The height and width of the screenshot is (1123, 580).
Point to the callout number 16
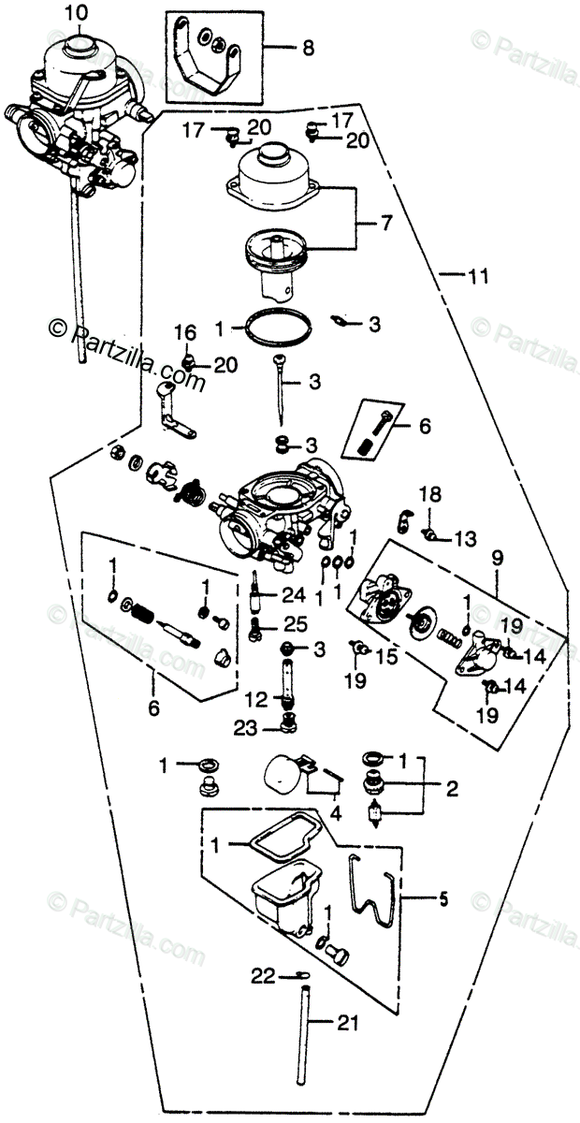pos(184,332)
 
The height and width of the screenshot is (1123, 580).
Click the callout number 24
pos(296,595)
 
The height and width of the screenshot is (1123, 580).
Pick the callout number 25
pos(296,623)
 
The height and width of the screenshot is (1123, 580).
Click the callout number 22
pos(264,976)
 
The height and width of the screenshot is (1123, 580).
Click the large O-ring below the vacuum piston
pos(279,329)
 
